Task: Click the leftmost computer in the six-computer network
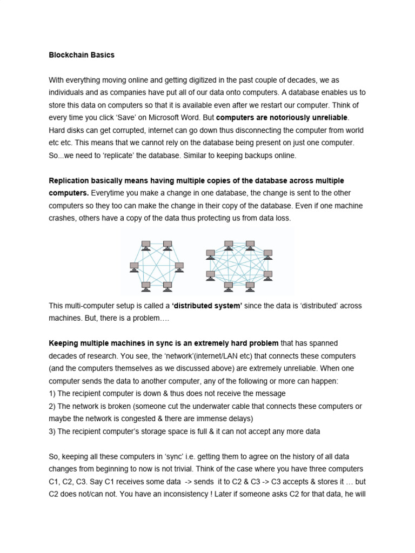tap(135, 266)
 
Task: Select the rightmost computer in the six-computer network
tap(179, 266)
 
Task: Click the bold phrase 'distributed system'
tap(207, 306)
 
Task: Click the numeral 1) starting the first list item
tap(52, 393)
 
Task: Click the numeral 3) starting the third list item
tap(52, 431)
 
